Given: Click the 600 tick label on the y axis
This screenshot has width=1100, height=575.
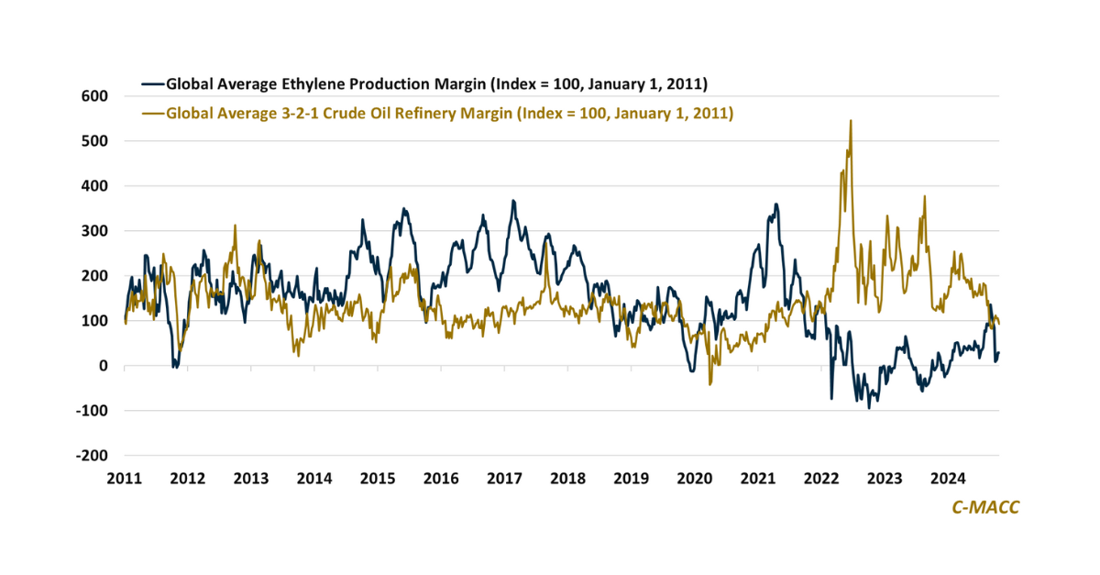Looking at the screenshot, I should click(x=95, y=95).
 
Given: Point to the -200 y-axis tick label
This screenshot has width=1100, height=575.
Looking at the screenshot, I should click(x=93, y=455).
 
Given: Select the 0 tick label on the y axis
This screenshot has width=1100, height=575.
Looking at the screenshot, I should click(x=104, y=365).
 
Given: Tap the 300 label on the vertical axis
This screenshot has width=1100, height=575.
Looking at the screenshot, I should click(x=95, y=230).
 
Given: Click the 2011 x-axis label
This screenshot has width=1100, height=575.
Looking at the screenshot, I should click(x=125, y=478).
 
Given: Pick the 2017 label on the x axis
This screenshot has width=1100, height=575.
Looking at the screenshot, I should click(x=504, y=478).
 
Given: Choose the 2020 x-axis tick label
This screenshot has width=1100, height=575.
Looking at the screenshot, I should click(x=694, y=478).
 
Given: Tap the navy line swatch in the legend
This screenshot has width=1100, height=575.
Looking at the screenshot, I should click(x=152, y=84).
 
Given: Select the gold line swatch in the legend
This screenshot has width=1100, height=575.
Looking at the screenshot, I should click(x=152, y=114).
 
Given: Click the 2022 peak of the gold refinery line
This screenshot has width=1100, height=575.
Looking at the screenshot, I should click(x=851, y=121).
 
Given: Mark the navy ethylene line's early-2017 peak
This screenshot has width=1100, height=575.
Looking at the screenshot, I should click(x=513, y=201).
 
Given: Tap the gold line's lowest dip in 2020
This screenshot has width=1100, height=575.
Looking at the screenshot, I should click(x=710, y=383).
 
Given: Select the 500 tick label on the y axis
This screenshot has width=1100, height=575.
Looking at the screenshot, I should click(x=95, y=140).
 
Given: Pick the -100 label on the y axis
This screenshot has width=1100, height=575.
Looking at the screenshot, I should click(x=93, y=410).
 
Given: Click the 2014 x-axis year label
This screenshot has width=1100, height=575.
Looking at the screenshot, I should click(x=314, y=478).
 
